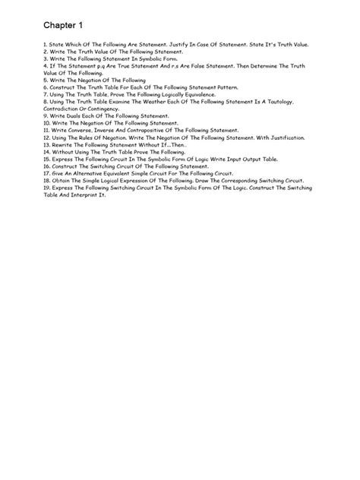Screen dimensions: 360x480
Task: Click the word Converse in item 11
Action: pos(75,130)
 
